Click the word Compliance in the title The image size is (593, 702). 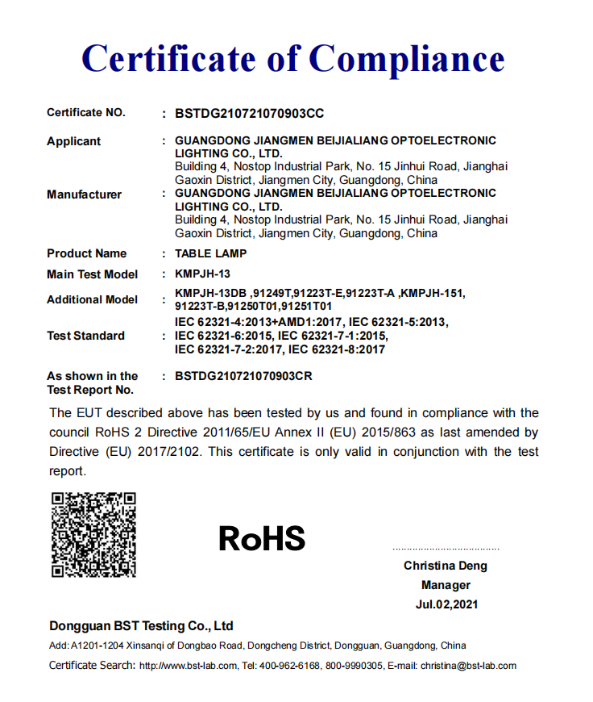pos(407,59)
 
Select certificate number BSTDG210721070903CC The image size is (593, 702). pos(249,114)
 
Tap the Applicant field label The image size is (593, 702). pos(73,141)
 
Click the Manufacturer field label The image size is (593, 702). pos(84,194)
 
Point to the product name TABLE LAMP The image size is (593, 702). pos(210,253)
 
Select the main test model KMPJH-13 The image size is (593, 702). pos(202,274)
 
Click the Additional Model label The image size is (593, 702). pos(92,299)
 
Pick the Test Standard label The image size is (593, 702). pos(85,336)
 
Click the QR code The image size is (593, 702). pos(93,535)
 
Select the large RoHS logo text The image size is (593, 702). pos(262,538)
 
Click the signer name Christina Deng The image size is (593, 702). pos(446,566)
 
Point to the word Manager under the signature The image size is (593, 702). pos(446,585)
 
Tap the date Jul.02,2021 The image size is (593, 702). pos(446,604)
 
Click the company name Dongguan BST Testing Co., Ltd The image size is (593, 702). pos(141,626)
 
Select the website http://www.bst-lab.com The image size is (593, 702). pos(189,666)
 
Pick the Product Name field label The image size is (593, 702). pos(86,253)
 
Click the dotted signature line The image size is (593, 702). pos(446,547)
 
